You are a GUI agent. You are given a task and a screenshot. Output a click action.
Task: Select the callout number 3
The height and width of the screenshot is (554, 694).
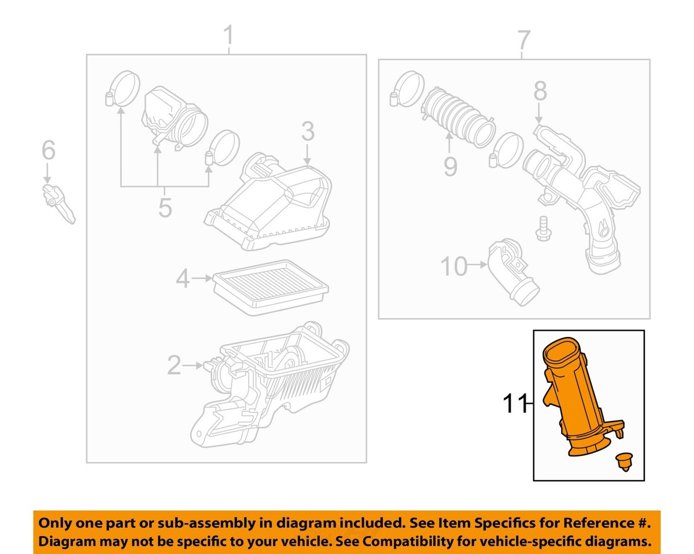coord(307,132)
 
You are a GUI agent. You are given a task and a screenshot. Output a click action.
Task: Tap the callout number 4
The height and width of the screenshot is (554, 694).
coord(183,280)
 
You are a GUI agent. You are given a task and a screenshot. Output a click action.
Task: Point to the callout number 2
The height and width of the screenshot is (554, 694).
coord(173,365)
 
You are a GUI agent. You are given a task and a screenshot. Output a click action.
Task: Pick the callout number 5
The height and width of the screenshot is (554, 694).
coord(165,207)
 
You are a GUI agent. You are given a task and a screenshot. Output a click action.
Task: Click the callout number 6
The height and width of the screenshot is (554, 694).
coord(48,152)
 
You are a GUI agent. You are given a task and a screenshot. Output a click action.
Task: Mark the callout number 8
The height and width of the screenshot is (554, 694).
coord(539,91)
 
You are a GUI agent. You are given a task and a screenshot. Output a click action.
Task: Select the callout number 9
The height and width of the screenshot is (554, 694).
coord(449,166)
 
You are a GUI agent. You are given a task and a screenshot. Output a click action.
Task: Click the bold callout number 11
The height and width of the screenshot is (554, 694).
coord(515,404)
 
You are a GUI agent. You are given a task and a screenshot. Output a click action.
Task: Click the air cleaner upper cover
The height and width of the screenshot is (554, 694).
coord(272,205)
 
